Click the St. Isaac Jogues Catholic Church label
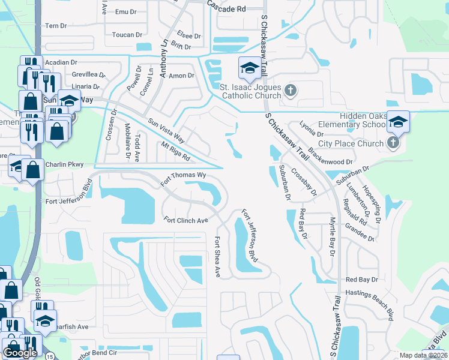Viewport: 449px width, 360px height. pos(251,91)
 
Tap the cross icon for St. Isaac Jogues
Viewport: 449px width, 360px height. pos(291,91)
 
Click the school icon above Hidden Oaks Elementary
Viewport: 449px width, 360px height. pos(398,122)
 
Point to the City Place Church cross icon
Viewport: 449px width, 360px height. pos(393,143)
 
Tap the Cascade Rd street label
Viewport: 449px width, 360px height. pos(227,10)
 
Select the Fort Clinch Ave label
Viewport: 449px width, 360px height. pos(185,220)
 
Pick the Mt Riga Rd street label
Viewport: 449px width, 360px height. pos(176,152)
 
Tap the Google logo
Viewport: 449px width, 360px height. pos(20,352)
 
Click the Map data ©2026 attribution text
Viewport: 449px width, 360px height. pos(423,355)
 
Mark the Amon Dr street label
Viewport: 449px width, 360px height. pos(182,76)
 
